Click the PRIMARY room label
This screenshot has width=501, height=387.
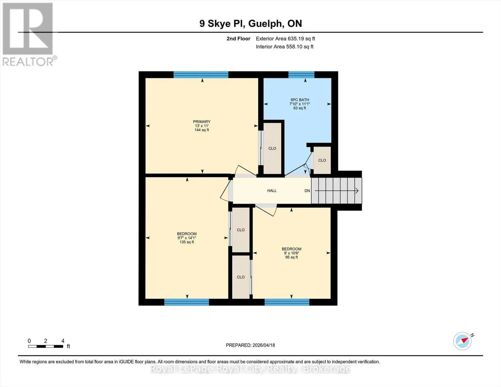tap(202, 122)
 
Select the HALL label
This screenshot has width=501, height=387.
tap(272, 191)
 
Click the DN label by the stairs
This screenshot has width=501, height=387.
tap(307, 191)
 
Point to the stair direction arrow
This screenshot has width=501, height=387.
tap(336, 191)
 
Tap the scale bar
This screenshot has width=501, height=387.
tap(46, 346)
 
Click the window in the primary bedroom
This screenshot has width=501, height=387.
tap(201, 75)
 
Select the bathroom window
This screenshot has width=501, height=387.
tap(301, 75)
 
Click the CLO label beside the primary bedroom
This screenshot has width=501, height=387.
tap(272, 148)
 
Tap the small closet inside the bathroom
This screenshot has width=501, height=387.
tap(322, 160)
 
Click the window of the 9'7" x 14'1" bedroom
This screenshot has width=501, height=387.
tap(186, 302)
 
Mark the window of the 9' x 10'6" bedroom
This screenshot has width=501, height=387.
tap(287, 302)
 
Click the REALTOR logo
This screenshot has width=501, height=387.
tap(29, 35)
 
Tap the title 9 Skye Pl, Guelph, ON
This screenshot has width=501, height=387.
tap(251, 24)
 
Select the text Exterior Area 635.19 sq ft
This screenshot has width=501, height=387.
tap(286, 39)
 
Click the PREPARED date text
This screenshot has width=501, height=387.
tap(250, 345)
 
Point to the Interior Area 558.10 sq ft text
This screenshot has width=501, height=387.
tap(285, 47)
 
